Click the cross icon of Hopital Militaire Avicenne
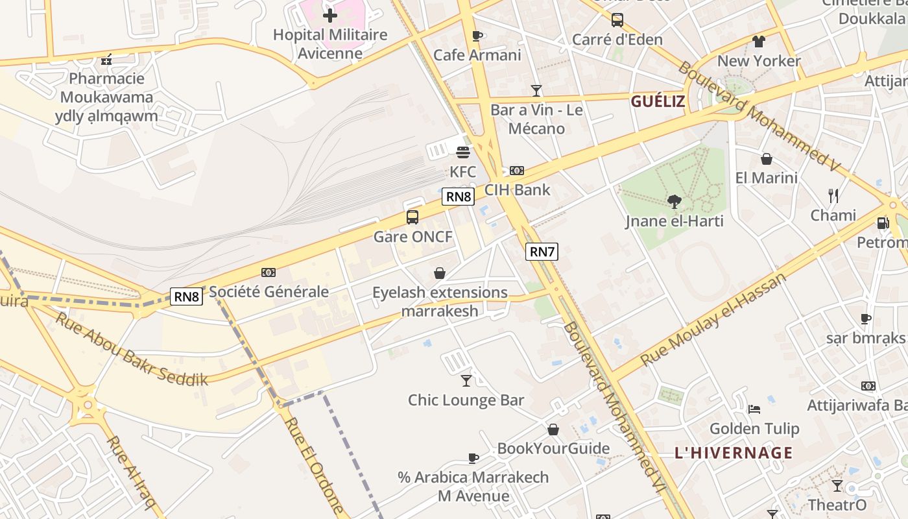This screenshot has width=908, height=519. (330, 15)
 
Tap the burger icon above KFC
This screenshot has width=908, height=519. (462, 152)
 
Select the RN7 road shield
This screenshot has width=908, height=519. (542, 252)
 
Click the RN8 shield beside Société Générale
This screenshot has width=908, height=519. (187, 296)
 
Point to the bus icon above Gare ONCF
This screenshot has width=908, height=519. (412, 217)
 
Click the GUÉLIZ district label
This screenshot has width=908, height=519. (658, 101)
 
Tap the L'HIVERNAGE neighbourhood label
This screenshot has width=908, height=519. (734, 453)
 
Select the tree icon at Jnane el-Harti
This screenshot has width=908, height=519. (675, 202)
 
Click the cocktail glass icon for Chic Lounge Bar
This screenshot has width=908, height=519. (466, 380)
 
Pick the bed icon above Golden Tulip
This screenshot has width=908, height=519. (754, 409)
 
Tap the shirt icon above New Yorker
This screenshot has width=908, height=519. (759, 42)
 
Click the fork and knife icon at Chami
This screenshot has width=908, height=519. (833, 195)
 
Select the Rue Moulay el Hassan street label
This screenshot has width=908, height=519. (713, 319)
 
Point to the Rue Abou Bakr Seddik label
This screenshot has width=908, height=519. (132, 349)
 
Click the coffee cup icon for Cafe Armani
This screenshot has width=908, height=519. (477, 36)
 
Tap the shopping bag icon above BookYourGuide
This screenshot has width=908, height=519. (553, 429)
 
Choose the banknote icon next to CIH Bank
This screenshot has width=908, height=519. (516, 171)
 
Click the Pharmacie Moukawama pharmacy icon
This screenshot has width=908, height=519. (106, 60)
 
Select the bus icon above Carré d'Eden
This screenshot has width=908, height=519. (617, 20)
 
